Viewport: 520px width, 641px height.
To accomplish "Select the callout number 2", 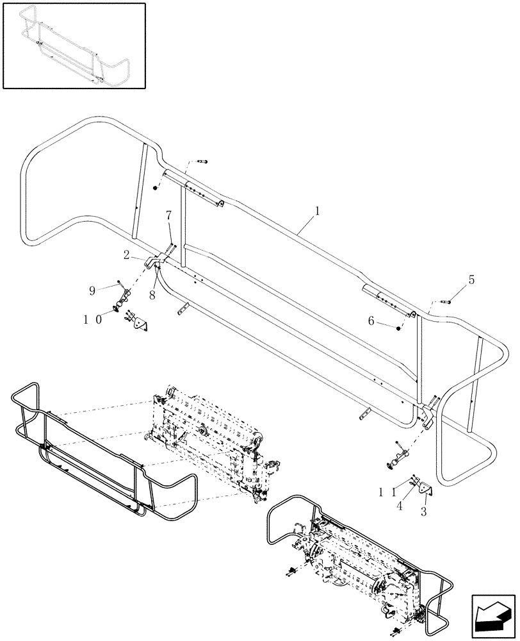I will pos(128,255).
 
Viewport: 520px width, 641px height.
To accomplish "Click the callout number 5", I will pos(472,279).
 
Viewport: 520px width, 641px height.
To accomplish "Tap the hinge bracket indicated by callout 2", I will pos(152,262).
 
